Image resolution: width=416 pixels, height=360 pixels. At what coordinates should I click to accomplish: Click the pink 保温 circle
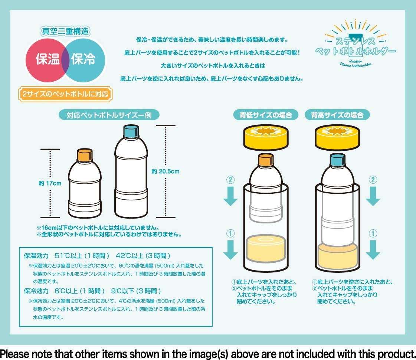[x=45, y=60]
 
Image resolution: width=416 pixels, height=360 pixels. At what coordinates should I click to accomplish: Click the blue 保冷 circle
[x=85, y=60]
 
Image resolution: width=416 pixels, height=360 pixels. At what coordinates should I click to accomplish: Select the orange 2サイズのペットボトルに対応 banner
[x=65, y=94]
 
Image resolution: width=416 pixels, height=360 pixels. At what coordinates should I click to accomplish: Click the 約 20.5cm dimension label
[x=166, y=171]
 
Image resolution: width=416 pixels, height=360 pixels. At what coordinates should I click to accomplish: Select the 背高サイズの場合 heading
[x=337, y=115]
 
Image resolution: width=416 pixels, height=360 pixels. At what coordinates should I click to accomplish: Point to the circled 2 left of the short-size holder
[x=230, y=180]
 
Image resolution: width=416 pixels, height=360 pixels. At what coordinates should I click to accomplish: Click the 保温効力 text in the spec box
[x=36, y=256]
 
